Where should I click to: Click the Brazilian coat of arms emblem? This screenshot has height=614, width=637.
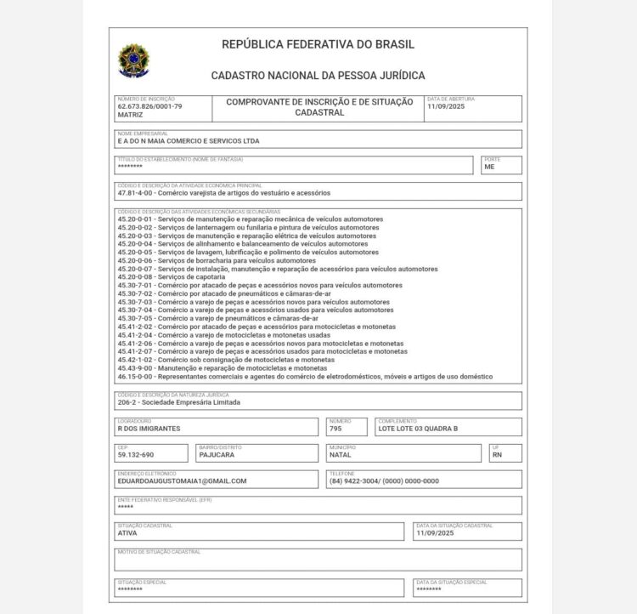(133, 60)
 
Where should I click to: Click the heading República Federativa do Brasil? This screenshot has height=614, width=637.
(318, 44)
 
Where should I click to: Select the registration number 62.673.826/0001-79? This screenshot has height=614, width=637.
(149, 106)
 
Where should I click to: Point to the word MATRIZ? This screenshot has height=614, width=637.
(130, 114)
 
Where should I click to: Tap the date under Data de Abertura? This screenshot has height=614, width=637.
(446, 106)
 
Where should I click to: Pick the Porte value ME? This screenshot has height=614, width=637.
(489, 167)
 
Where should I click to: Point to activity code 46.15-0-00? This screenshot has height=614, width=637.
(136, 377)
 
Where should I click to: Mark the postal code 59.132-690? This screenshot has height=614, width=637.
(136, 455)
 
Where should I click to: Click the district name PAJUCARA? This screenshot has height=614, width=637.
(217, 455)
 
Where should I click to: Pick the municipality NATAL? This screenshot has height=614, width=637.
(340, 455)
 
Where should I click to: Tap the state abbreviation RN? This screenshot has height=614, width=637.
(497, 455)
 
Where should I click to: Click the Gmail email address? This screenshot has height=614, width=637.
(182, 481)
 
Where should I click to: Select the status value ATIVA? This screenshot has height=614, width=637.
(127, 533)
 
